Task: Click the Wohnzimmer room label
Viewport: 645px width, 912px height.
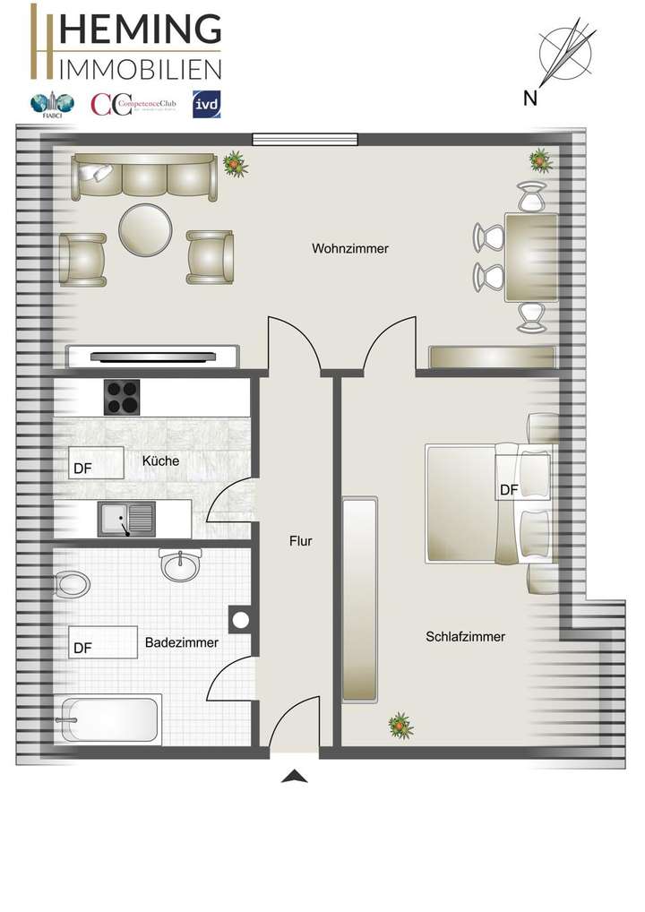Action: coord(350,248)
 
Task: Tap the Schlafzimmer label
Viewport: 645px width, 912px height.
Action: coord(465,637)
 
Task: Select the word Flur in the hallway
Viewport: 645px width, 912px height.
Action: coord(300,541)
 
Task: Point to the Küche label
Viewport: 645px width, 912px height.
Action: coord(160,461)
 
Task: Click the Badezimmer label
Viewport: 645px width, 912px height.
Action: coord(182,642)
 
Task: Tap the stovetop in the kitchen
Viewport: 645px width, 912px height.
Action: coord(124,397)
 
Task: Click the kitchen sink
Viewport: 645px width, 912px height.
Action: coord(125,519)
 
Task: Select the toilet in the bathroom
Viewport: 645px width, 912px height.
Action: coord(72,585)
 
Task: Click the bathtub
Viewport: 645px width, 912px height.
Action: coord(108,718)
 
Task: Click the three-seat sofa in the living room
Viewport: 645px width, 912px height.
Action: coord(145,176)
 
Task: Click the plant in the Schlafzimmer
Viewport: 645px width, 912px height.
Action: coord(400,726)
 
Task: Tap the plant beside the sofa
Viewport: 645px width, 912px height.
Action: coord(235,162)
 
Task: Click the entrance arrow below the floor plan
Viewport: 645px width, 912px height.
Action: coord(294,776)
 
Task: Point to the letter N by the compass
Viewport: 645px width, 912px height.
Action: coord(530,99)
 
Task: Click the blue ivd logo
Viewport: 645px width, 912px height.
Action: coord(207,104)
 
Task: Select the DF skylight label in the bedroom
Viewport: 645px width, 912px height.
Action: coord(509,490)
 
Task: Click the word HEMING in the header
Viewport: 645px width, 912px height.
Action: coord(140,29)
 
